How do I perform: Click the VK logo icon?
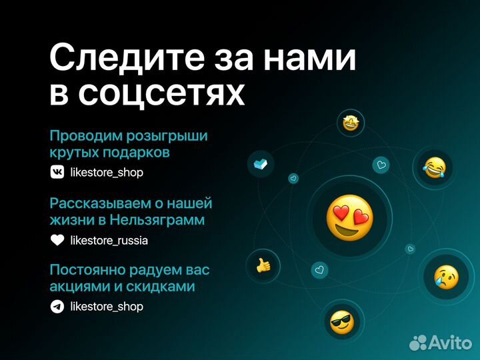(x=58, y=172)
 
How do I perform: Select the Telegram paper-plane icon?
(x=58, y=307)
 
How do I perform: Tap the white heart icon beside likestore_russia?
(x=58, y=240)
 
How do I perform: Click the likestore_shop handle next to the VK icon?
(x=107, y=173)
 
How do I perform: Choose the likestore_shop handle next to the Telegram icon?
(x=107, y=307)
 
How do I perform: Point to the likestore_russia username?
(x=109, y=240)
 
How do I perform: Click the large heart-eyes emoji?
(x=349, y=219)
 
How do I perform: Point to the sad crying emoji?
(x=446, y=276)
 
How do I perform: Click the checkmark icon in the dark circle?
(x=261, y=164)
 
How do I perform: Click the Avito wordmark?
(x=449, y=342)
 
